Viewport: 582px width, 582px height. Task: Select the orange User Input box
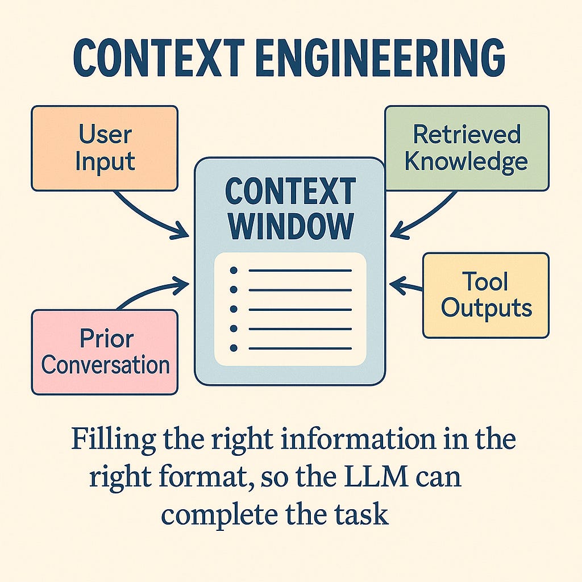105,148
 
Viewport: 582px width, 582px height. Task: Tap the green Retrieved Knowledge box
467,148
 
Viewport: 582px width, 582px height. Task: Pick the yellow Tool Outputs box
486,296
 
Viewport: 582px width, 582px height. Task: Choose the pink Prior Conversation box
105,351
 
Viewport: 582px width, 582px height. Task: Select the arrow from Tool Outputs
406,285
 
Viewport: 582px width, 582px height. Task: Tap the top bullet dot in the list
233,271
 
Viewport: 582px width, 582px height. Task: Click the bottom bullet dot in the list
233,348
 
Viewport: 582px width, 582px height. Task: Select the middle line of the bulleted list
300,310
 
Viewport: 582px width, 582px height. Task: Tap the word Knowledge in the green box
466,161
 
